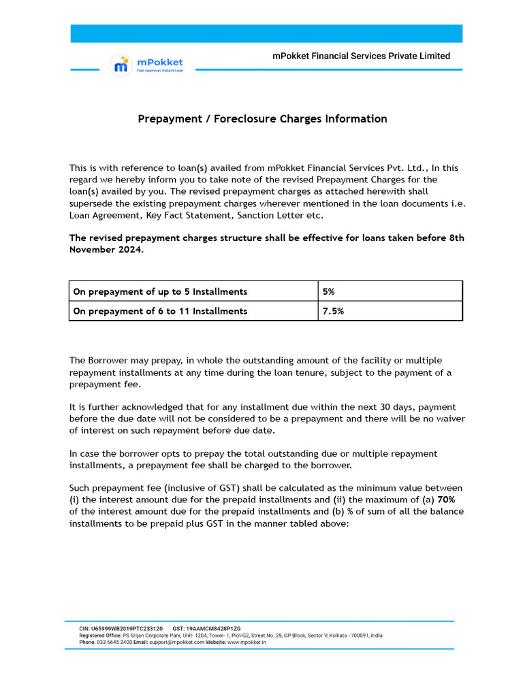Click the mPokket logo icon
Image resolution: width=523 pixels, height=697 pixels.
pos(121,65)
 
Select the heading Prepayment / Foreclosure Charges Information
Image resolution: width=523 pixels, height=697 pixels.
pos(262,119)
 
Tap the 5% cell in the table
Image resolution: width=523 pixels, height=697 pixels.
pos(329,291)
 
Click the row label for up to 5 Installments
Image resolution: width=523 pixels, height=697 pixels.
pos(160,291)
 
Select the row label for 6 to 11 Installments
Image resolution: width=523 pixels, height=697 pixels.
pos(160,311)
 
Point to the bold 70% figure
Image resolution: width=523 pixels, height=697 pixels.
pos(447,500)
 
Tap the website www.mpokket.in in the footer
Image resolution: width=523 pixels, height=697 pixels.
pos(247,642)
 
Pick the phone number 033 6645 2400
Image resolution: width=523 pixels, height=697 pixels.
pos(114,642)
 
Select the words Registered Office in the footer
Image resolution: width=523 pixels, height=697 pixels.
pos(103,635)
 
